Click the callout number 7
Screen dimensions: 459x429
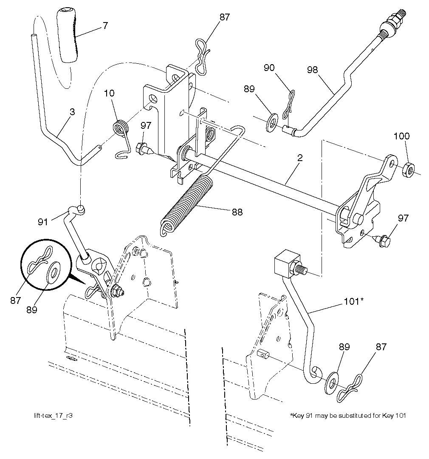coord(104,25)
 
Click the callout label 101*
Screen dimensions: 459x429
coord(353,302)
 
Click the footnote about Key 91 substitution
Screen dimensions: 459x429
coord(347,415)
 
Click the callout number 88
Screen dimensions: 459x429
coord(237,212)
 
